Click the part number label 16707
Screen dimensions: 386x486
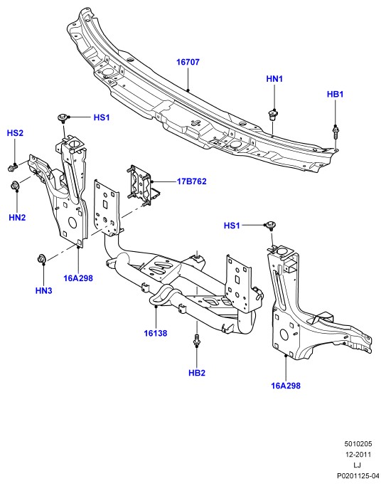(x=188, y=62)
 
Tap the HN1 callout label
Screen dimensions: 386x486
(x=274, y=79)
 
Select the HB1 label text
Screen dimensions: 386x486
(x=335, y=94)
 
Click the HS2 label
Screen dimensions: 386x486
(x=15, y=133)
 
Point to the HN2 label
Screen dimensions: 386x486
(x=17, y=218)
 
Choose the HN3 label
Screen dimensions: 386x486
(x=43, y=291)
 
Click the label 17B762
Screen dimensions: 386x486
(x=192, y=181)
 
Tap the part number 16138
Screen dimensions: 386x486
(x=156, y=334)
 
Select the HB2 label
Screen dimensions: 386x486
(x=197, y=373)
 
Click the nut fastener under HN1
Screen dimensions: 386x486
(x=273, y=115)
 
